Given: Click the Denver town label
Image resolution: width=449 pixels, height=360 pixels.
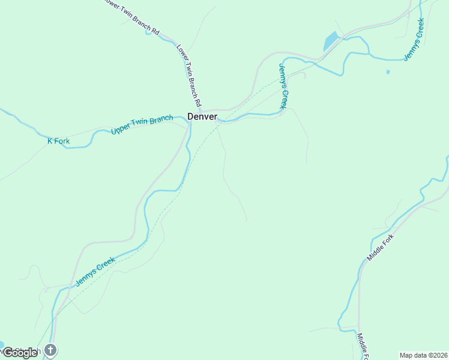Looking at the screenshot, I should pyautogui.click(x=202, y=116).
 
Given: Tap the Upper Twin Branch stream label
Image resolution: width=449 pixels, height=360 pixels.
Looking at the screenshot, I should pyautogui.click(x=142, y=124).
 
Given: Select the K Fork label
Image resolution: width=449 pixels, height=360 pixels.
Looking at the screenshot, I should pyautogui.click(x=59, y=142).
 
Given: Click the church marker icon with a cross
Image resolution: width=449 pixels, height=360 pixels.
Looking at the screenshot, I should pyautogui.click(x=50, y=349).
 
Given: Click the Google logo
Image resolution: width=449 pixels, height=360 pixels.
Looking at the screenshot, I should pyautogui.click(x=20, y=353).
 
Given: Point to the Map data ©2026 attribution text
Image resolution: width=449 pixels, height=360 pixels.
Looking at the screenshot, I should pyautogui.click(x=423, y=355).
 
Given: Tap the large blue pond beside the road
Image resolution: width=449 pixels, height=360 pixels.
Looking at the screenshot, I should pyautogui.click(x=331, y=41).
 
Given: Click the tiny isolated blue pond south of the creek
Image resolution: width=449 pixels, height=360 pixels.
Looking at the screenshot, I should pyautogui.click(x=388, y=72).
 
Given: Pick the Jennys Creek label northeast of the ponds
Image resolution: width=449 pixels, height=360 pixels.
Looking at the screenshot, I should pyautogui.click(x=414, y=39).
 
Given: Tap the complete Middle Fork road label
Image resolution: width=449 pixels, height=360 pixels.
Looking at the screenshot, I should pyautogui.click(x=379, y=247).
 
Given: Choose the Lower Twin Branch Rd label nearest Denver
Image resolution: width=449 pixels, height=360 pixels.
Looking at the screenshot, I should pyautogui.click(x=189, y=72).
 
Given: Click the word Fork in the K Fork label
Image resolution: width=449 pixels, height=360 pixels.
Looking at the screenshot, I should pyautogui.click(x=62, y=142).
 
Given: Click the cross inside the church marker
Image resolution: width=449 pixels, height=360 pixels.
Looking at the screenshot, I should pyautogui.click(x=50, y=349).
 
